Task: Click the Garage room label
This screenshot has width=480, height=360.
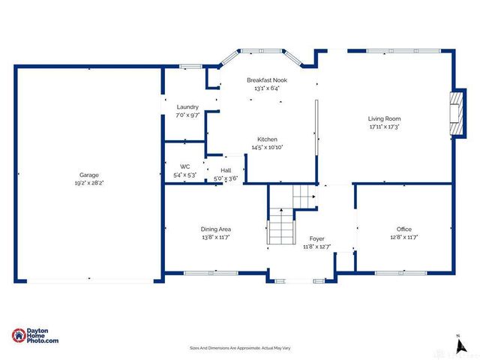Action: pyautogui.click(x=89, y=175)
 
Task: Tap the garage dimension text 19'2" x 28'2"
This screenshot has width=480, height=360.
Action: pyautogui.click(x=89, y=183)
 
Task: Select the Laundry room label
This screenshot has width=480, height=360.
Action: pyautogui.click(x=187, y=106)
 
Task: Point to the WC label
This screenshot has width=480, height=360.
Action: pyautogui.click(x=185, y=166)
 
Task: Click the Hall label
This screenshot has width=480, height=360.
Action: pyautogui.click(x=226, y=169)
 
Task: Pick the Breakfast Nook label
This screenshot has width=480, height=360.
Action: pyautogui.click(x=267, y=79)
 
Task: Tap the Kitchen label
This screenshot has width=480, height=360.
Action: pyautogui.click(x=268, y=139)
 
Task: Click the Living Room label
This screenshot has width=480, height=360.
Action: pyautogui.click(x=384, y=118)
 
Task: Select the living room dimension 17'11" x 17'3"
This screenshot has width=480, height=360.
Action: pyautogui.click(x=384, y=127)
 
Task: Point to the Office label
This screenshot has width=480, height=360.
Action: pyautogui.click(x=404, y=229)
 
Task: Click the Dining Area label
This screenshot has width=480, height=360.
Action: pyautogui.click(x=215, y=229)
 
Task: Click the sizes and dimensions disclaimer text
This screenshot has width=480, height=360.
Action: pyautogui.click(x=240, y=348)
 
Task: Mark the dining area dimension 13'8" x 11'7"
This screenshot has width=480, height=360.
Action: pyautogui.click(x=215, y=237)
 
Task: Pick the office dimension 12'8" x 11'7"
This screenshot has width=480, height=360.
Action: pyautogui.click(x=404, y=237)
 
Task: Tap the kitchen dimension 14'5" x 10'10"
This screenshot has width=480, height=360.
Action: pyautogui.click(x=268, y=148)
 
